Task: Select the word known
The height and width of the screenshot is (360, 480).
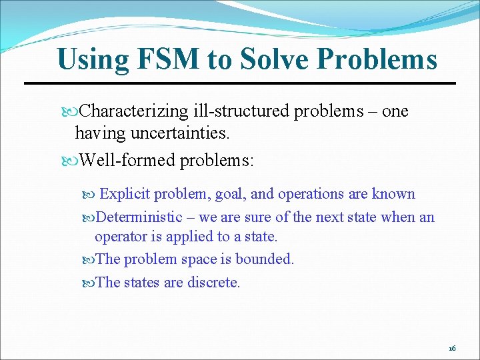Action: [394, 194]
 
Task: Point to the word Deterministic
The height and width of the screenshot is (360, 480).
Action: [139, 217]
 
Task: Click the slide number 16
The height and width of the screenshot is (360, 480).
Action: [452, 349]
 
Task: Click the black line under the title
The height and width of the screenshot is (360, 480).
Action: [240, 83]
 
